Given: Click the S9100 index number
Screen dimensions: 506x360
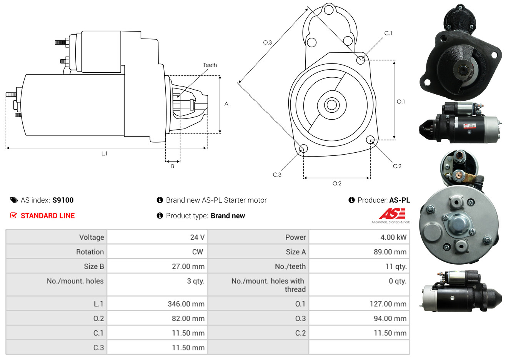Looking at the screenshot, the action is tap(63, 200).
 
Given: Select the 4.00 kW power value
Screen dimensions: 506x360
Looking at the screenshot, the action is tap(393, 237).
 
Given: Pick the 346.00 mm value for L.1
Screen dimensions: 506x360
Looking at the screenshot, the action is tap(186, 304).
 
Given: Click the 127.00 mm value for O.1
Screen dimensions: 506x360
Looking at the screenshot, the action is tap(388, 304).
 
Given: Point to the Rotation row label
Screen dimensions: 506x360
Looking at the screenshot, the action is tap(90, 252).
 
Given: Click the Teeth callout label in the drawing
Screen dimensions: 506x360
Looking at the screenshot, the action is tap(210, 65).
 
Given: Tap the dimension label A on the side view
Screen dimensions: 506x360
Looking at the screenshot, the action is tap(226, 104).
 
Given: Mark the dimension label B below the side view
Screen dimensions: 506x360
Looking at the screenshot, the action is tap(173, 166).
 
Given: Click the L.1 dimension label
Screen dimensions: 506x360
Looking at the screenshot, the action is tap(104, 154).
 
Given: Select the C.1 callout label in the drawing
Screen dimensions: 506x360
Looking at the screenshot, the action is tap(388, 33).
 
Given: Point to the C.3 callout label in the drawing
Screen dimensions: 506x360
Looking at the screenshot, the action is tap(277, 175).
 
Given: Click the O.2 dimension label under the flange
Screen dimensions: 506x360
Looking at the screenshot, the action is tap(337, 183).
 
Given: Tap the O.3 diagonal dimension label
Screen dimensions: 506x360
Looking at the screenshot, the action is tap(268, 42).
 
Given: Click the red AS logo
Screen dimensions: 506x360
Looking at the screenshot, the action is tap(392, 214).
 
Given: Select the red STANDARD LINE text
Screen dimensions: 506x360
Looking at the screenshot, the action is tap(48, 216).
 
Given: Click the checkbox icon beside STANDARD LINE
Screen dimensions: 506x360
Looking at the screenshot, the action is tap(13, 215).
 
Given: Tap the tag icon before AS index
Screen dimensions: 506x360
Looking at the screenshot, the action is tap(14, 200).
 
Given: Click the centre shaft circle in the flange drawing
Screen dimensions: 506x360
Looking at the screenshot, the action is tap(331, 105).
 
